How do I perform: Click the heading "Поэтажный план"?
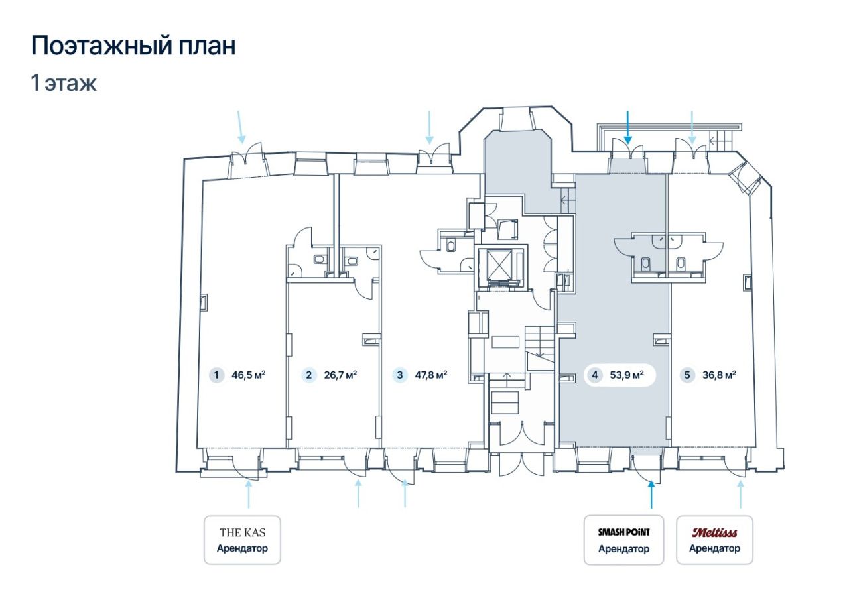[x=133, y=46]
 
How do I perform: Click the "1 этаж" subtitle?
[x=64, y=84]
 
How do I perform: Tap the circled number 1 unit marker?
[x=216, y=375]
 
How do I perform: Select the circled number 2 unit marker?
[x=309, y=375]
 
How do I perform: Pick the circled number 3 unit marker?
[x=400, y=375]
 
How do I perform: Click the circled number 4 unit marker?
[x=595, y=375]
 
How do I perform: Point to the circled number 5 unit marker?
[x=687, y=375]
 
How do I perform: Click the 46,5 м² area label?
[x=248, y=375]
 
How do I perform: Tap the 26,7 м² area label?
[x=340, y=375]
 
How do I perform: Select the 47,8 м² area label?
[x=431, y=375]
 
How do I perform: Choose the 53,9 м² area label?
[x=627, y=375]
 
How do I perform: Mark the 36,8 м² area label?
[x=719, y=375]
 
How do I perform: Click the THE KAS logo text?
[x=243, y=533]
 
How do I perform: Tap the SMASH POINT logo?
[x=624, y=532]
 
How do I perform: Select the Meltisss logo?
[x=714, y=533]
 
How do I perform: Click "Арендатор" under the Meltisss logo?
[x=714, y=548]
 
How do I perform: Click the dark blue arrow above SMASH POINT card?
[x=651, y=494]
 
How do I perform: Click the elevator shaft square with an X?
[x=497, y=265]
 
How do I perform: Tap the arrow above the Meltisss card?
[x=740, y=494]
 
